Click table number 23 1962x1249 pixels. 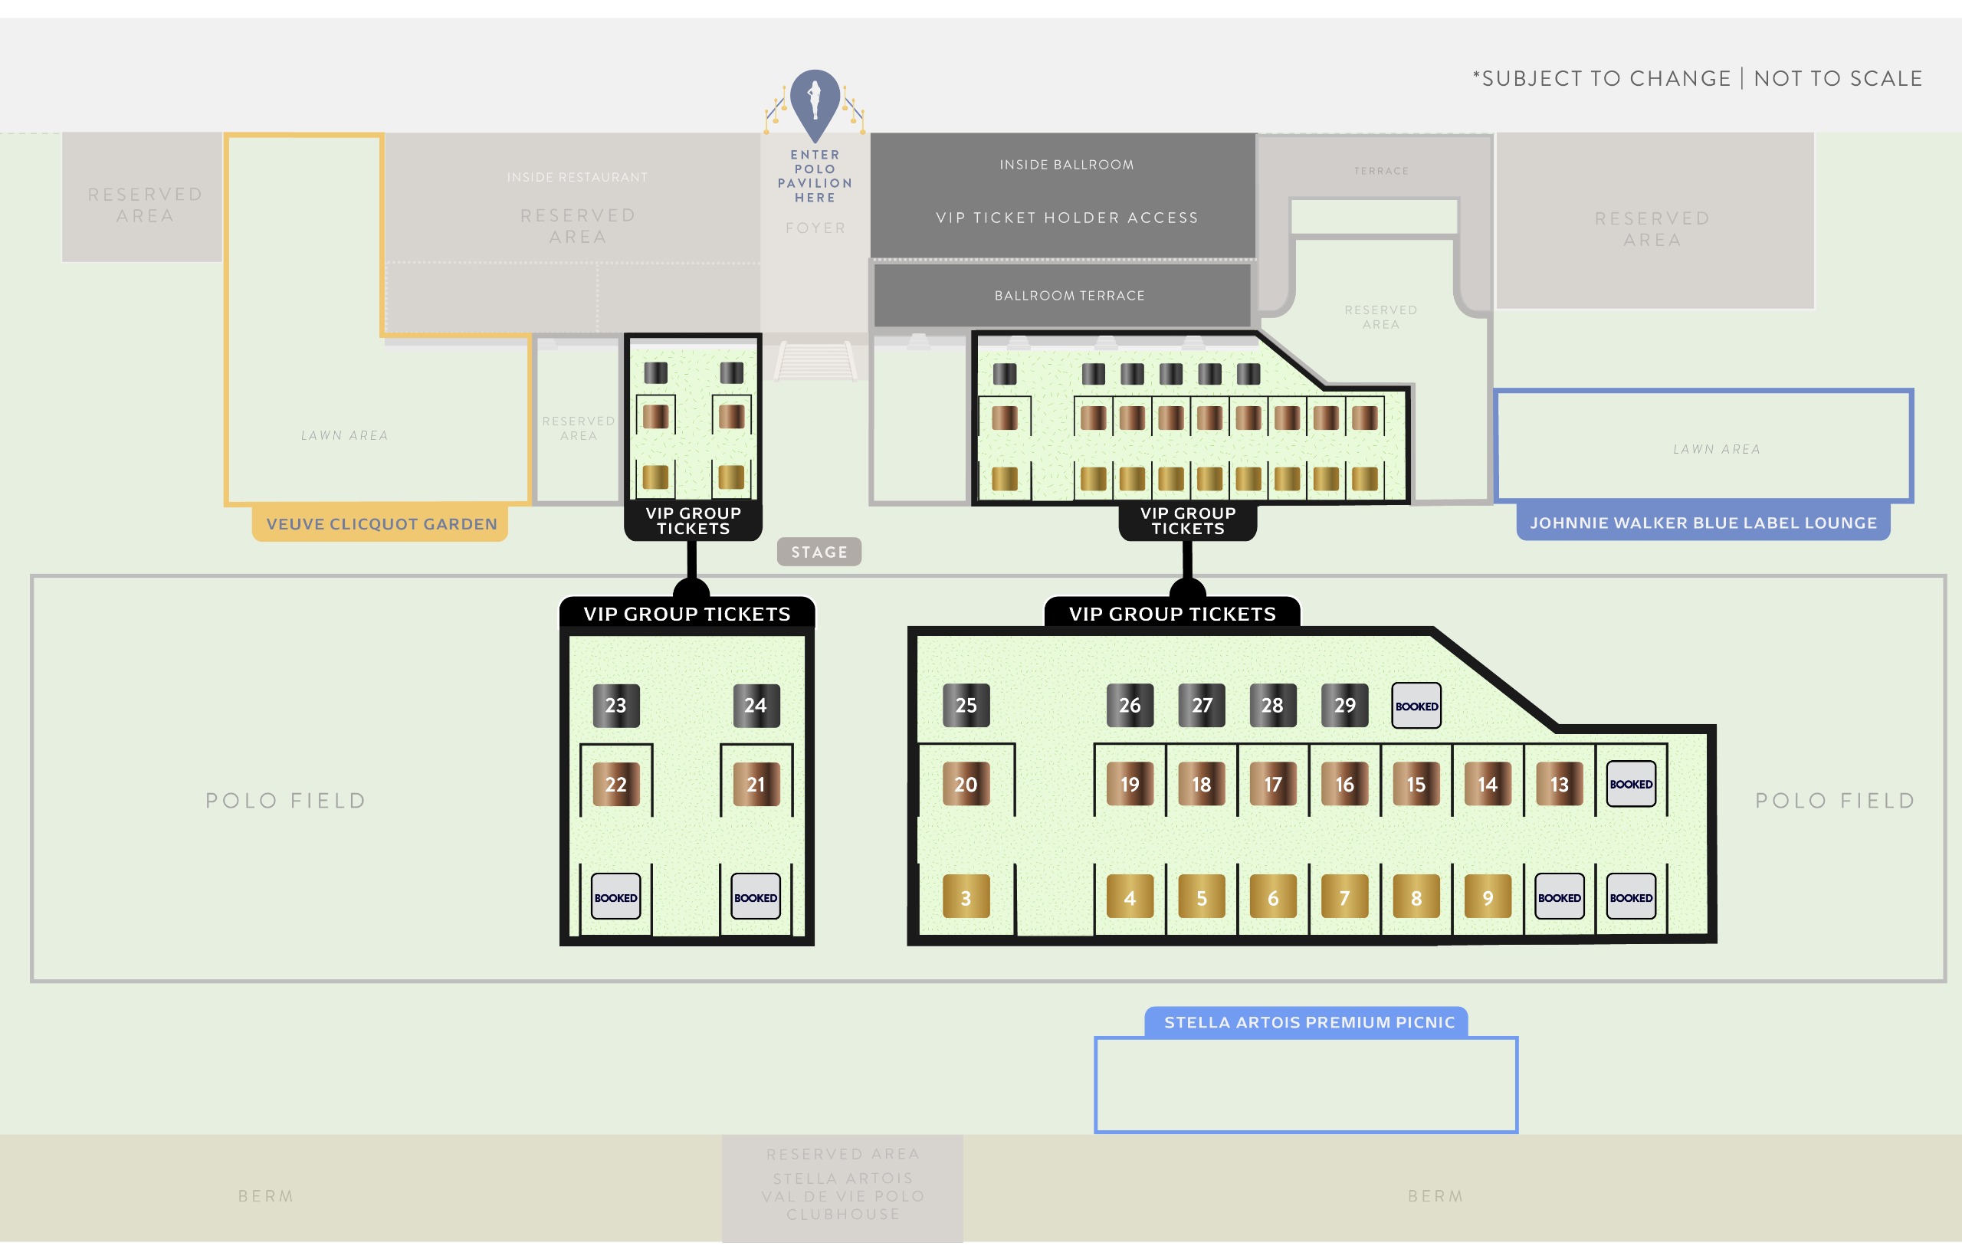pos(616,705)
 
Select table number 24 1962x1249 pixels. pos(756,705)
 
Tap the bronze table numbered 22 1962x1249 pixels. pos(616,784)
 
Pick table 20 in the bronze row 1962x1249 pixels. pos(966,784)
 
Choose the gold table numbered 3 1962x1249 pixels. pos(966,897)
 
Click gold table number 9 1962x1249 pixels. pos(1488,897)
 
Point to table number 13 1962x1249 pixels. pos(1560,784)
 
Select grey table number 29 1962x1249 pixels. pos(1344,705)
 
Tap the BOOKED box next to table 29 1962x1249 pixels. pos(1416,706)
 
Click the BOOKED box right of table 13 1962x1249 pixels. pos(1631,784)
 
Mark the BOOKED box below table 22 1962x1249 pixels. pos(616,897)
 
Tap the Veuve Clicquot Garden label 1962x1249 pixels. pos(382,524)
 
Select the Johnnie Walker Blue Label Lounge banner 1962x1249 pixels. pos(1703,523)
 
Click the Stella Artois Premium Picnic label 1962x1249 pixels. pos(1308,1021)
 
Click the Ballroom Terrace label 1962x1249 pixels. pos(1069,296)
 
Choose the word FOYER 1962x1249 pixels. pos(815,228)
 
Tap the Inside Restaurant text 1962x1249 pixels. pos(577,178)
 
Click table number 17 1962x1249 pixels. pos(1273,784)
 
